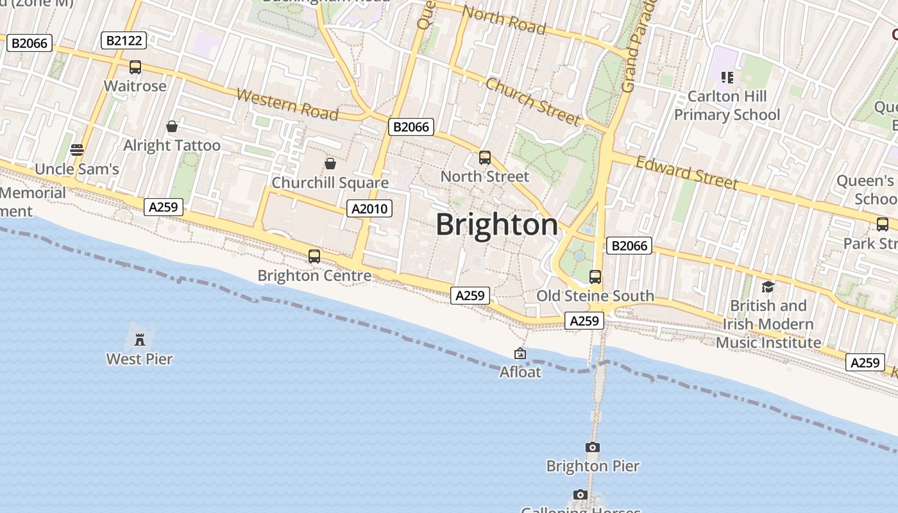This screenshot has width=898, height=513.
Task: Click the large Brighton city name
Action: click(x=497, y=224)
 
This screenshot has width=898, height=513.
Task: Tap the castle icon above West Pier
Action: click(x=139, y=339)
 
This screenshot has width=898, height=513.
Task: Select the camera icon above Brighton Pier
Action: click(x=593, y=447)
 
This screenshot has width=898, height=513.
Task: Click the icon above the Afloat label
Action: click(x=520, y=353)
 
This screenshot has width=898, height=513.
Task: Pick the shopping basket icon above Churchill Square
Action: click(x=330, y=164)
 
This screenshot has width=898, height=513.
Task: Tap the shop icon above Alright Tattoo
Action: click(x=171, y=126)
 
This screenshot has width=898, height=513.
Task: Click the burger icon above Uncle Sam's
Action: click(x=77, y=150)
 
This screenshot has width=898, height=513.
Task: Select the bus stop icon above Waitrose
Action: click(x=135, y=67)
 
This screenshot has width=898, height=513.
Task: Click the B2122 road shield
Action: click(x=124, y=41)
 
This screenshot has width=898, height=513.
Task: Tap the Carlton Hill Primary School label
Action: click(x=727, y=105)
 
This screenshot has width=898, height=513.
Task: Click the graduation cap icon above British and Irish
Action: click(x=768, y=286)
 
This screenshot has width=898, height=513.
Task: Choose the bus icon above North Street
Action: click(x=485, y=157)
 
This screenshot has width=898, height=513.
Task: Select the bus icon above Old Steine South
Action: click(x=595, y=277)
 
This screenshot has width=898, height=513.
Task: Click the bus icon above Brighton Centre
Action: click(x=314, y=256)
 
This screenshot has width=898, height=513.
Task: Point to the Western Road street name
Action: click(x=287, y=105)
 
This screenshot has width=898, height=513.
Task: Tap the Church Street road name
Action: click(x=533, y=101)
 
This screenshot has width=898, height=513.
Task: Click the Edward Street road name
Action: click(x=686, y=172)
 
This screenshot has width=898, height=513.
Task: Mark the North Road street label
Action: click(x=504, y=20)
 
